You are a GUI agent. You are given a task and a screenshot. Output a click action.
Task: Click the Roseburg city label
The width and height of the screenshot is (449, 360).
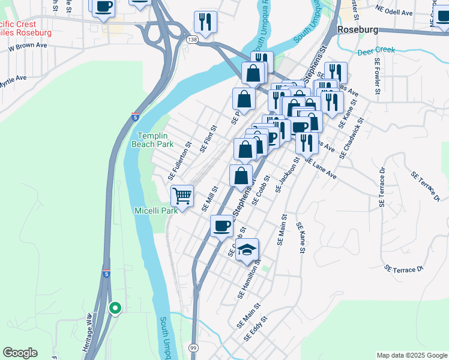[x=359, y=29]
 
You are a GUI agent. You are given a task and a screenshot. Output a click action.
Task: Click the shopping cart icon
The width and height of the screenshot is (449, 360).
[x=182, y=195]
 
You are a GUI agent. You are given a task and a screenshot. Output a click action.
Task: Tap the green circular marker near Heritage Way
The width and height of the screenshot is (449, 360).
[x=115, y=308]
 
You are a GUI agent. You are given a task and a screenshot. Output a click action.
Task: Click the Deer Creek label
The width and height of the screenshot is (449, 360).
[x=376, y=51]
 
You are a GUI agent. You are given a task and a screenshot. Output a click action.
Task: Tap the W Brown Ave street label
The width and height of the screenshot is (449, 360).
[x=24, y=46]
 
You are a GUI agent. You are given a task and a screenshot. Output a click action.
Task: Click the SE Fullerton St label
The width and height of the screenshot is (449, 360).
[x=179, y=161]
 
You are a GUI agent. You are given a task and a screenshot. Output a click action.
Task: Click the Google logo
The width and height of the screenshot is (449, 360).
[x=20, y=353]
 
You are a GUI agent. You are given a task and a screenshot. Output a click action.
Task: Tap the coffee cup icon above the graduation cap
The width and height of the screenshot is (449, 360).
[x=221, y=226]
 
